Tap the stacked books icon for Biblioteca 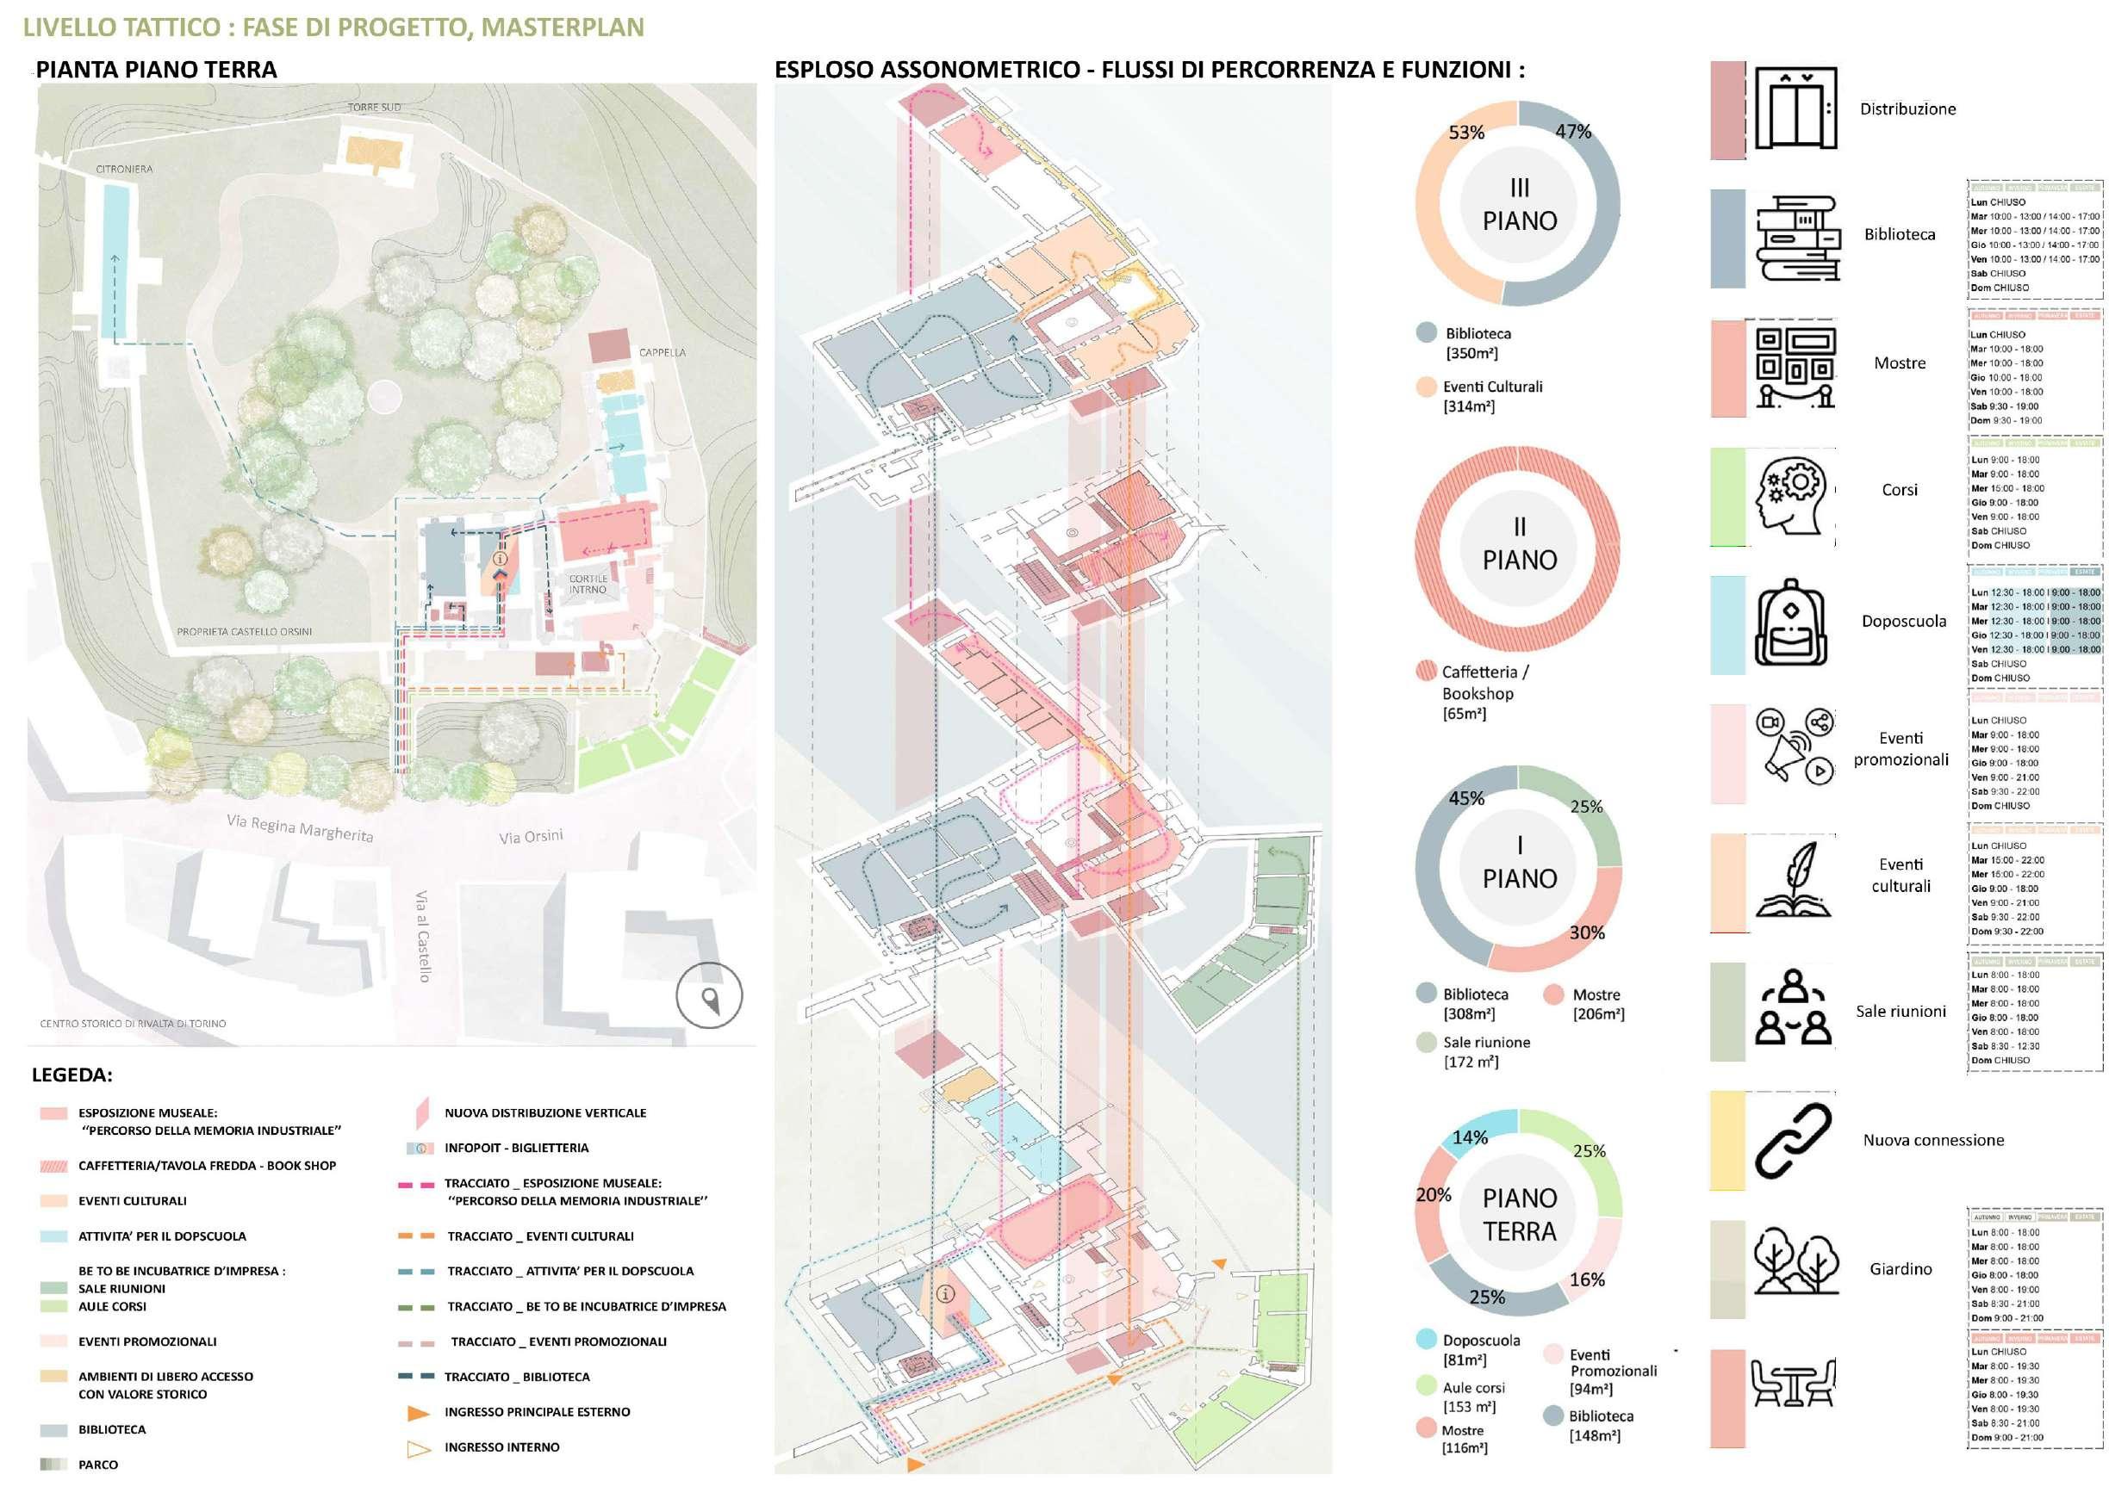pyautogui.click(x=1797, y=238)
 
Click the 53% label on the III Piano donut pyautogui.click(x=1466, y=133)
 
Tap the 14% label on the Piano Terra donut pyautogui.click(x=1470, y=1137)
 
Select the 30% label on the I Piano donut pyautogui.click(x=1586, y=932)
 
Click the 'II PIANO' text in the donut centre pyautogui.click(x=1519, y=543)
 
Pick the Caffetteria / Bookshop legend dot pyautogui.click(x=1426, y=671)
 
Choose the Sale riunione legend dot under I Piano pyautogui.click(x=1426, y=1042)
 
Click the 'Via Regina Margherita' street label pyautogui.click(x=300, y=827)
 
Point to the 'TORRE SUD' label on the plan pyautogui.click(x=374, y=107)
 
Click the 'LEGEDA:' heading pyautogui.click(x=72, y=1075)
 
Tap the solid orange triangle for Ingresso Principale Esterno pyautogui.click(x=420, y=1412)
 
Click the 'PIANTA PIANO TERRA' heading pyautogui.click(x=156, y=69)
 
